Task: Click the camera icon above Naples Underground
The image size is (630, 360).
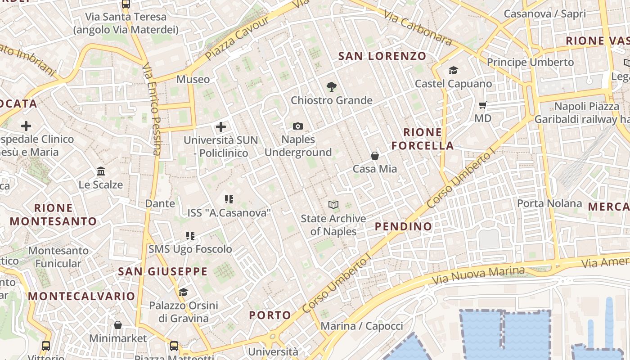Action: [x=298, y=126]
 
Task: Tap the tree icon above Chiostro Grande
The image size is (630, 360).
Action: [x=332, y=87]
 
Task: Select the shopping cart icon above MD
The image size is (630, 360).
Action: [x=483, y=105]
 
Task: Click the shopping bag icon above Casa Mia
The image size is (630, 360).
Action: [x=375, y=156]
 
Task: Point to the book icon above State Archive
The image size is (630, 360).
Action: [x=333, y=205]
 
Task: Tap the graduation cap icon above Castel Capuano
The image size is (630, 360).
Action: [x=453, y=71]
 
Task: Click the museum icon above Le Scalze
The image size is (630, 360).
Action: [x=101, y=171]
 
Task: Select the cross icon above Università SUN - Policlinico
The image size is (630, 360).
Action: [x=221, y=127]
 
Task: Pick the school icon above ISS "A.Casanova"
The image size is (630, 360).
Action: [x=229, y=199]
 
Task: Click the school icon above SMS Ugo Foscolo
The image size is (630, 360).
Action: [x=190, y=235]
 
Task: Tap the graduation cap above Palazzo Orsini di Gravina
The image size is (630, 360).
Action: [x=183, y=292]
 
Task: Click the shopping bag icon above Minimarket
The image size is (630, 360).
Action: [x=118, y=325]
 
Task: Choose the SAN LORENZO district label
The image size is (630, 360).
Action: [x=382, y=56]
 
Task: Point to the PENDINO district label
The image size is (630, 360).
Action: [x=404, y=226]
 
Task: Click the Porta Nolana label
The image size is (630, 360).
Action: [x=549, y=203]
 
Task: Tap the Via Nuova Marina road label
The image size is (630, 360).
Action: [x=478, y=275]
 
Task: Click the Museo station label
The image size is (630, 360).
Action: [x=193, y=80]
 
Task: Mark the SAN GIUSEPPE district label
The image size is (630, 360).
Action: [x=163, y=271]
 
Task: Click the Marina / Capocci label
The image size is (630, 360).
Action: [x=362, y=326]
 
